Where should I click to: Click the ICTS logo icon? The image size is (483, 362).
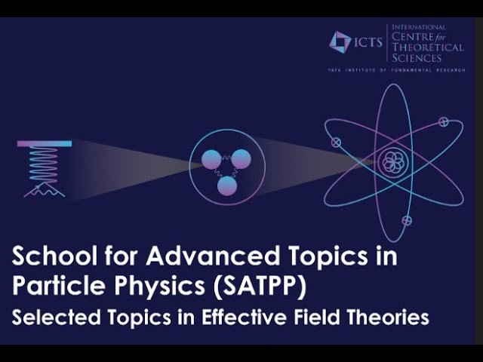(x=340, y=41)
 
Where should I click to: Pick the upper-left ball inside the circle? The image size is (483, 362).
(x=211, y=159)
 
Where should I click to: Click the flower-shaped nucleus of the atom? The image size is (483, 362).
(x=392, y=161)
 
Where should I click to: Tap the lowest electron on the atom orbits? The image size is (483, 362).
(x=407, y=220)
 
